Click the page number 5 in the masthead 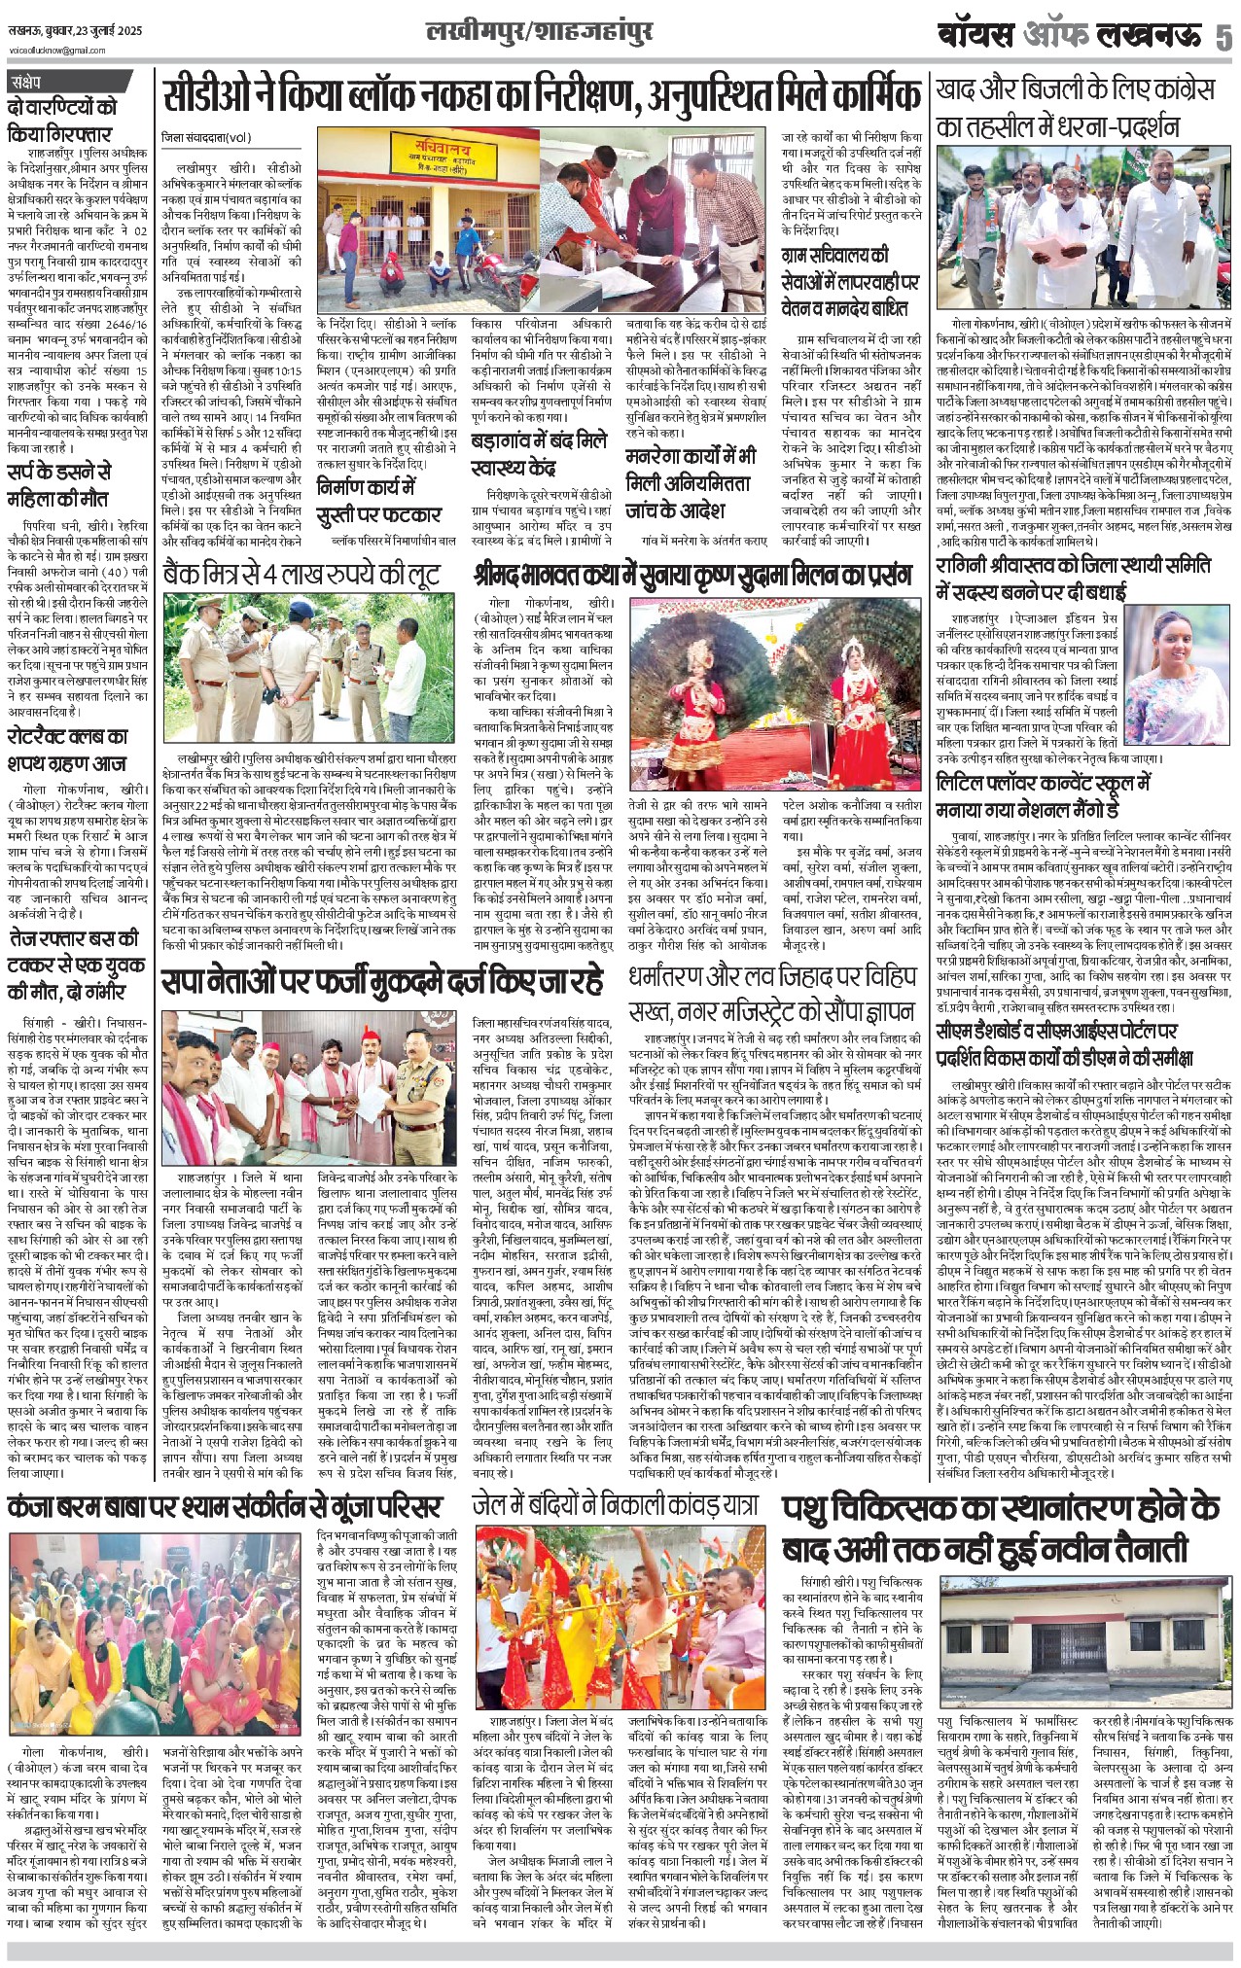coord(1223,37)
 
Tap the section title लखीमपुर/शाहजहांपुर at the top coord(540,32)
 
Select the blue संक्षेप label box coord(39,83)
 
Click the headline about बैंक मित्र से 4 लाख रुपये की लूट coord(302,576)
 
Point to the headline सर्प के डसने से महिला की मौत coord(60,485)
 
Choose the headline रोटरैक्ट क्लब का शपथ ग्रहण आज coord(69,749)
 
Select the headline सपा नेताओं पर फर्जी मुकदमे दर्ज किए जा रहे coord(382,985)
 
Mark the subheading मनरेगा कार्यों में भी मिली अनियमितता coord(690,482)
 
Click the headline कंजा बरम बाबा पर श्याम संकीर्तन coord(226,1508)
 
